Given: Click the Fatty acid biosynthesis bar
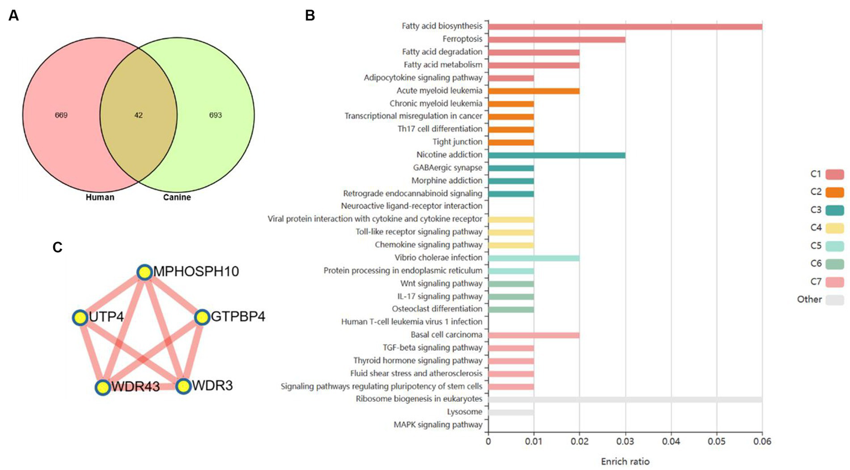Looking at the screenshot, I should click(x=625, y=27).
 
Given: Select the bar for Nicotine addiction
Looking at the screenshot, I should click(x=557, y=155).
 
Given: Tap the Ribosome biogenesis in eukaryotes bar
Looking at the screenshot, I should click(x=625, y=400).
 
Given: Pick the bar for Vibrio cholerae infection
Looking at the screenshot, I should click(x=534, y=258).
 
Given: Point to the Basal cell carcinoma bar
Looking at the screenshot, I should click(x=534, y=335).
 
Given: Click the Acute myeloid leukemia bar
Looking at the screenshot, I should click(x=534, y=91).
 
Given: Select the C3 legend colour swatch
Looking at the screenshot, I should click(x=834, y=210).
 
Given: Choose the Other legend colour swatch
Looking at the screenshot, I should click(x=834, y=300).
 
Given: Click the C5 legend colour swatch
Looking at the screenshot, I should click(x=834, y=246).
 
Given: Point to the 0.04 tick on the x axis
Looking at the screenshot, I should click(x=671, y=442).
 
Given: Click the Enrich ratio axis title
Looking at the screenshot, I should click(x=625, y=461).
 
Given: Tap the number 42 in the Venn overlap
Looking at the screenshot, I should click(x=138, y=115).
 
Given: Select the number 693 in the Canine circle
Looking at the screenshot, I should click(x=215, y=115).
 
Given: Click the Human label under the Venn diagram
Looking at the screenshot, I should click(x=100, y=197).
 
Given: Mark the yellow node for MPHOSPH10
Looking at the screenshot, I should click(x=145, y=272).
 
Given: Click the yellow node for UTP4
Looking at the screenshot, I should click(x=80, y=318).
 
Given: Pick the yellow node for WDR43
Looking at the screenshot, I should click(x=102, y=387).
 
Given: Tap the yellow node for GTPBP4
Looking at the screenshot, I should click(x=202, y=317).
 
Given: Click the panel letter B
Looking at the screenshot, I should click(x=310, y=16).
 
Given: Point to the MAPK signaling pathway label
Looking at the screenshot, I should click(x=437, y=425).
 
